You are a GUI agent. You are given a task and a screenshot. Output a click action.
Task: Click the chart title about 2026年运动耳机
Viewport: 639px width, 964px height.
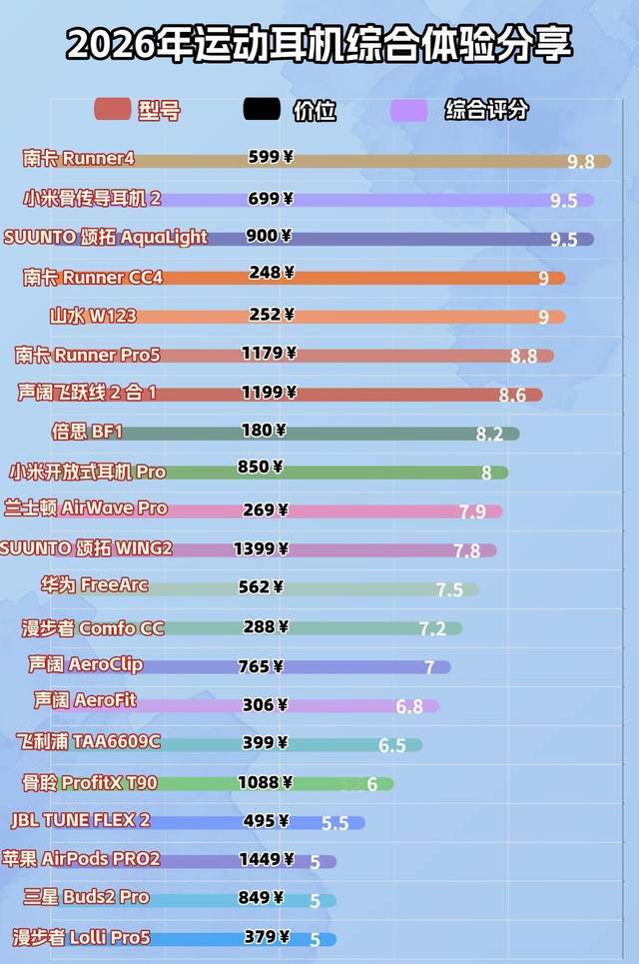point(319,46)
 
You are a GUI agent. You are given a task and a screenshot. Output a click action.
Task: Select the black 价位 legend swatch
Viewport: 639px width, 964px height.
point(262,110)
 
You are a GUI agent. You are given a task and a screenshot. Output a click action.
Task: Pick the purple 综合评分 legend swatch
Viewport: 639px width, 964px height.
point(408,110)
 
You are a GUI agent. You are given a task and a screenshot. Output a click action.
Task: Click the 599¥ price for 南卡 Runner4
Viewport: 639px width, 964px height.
point(271,157)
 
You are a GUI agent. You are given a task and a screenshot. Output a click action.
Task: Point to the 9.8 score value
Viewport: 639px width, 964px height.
point(580,162)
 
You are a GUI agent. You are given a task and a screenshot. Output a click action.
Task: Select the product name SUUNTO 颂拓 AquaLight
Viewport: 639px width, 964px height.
point(105,237)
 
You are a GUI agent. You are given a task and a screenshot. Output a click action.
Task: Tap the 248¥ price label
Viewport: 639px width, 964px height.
point(271,273)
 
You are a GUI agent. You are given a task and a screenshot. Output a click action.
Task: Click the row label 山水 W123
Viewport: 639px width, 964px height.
point(93,316)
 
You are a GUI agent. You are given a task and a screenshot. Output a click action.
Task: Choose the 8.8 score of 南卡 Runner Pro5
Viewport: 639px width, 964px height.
point(523,356)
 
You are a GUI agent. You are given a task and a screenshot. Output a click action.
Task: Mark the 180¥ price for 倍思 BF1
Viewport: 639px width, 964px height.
point(264,431)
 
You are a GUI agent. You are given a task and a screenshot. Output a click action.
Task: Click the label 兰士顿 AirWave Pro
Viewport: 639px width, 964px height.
point(86,508)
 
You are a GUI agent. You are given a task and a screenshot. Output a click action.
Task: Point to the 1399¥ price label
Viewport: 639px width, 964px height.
point(261,548)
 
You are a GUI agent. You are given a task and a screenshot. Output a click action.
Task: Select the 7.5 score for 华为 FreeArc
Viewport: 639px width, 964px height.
point(449,589)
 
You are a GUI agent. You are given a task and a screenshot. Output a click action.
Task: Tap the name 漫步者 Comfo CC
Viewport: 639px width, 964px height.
point(93,628)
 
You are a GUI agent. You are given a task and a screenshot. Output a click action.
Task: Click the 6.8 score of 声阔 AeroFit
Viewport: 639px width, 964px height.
point(409,706)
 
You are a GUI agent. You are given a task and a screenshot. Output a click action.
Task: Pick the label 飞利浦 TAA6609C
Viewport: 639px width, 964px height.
point(88,741)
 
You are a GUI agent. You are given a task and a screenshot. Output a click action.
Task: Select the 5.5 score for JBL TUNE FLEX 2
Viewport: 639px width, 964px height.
point(334,824)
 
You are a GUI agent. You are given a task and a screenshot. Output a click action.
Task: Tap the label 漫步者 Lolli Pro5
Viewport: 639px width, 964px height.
point(81,937)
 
